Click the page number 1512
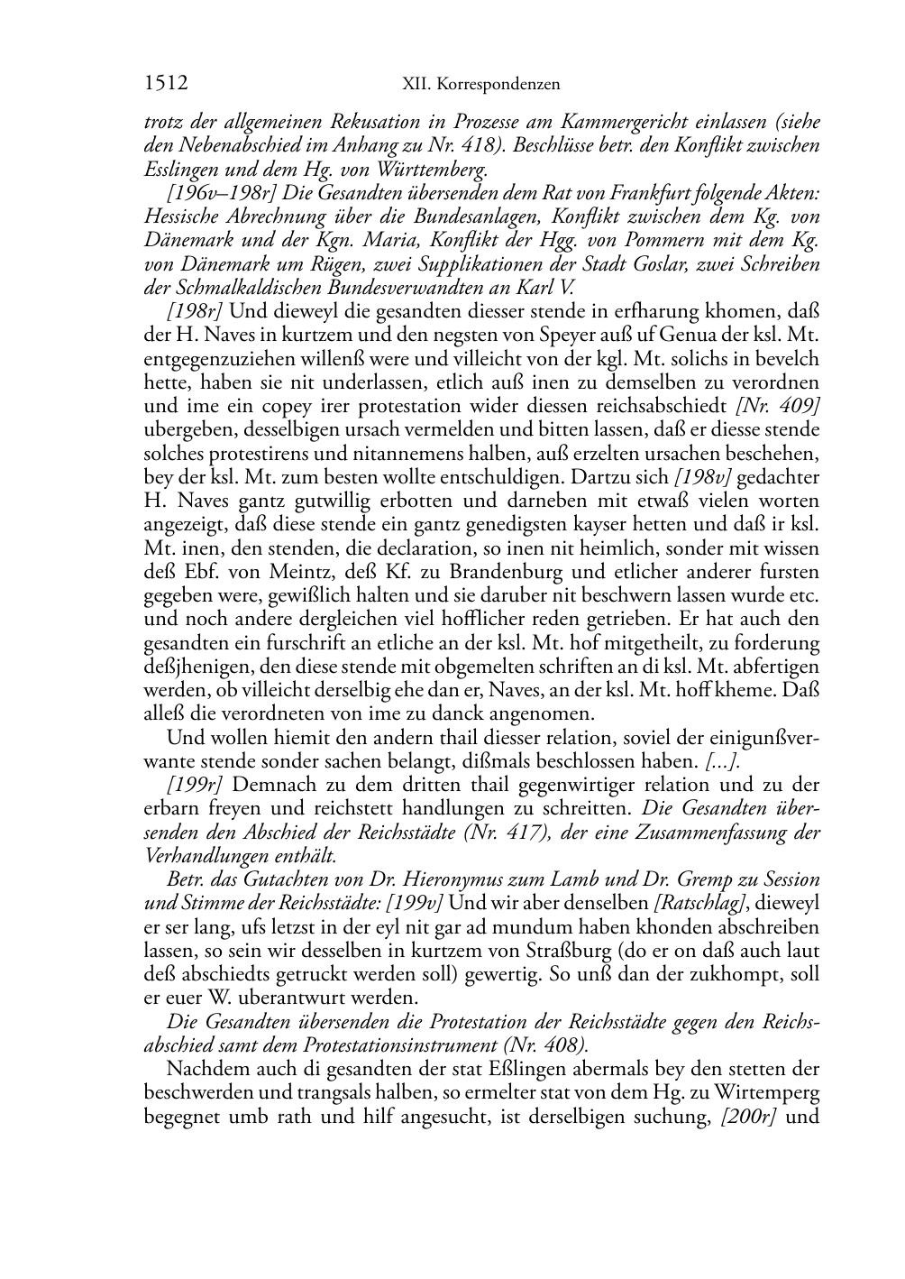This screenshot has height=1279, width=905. coord(166,84)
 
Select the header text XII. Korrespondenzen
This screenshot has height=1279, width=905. coord(480,84)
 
